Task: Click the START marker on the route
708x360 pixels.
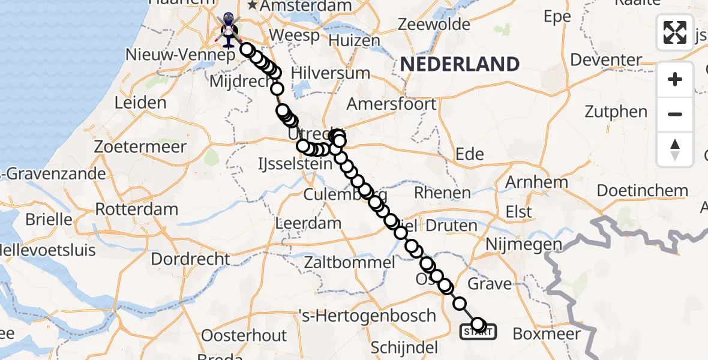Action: pos(478,331)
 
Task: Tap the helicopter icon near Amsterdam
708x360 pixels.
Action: pos(229,30)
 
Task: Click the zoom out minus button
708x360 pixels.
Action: pos(675,114)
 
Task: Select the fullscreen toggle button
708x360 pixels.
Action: pos(675,32)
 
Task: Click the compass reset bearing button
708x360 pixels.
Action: pos(675,149)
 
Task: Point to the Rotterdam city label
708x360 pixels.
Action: pos(137,209)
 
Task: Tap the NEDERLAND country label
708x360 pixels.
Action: pos(460,64)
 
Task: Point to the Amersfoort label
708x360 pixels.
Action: pos(400,104)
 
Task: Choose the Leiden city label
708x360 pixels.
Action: pos(140,102)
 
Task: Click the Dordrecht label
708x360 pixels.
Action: pos(190,259)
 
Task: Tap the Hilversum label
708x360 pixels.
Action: pos(330,73)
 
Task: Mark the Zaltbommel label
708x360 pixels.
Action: pos(350,262)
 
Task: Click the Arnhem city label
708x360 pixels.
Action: pos(537,182)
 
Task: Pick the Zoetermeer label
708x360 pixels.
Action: pos(160,146)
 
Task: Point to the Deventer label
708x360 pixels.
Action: pos(606,60)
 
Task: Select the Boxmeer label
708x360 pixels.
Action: pos(547,334)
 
